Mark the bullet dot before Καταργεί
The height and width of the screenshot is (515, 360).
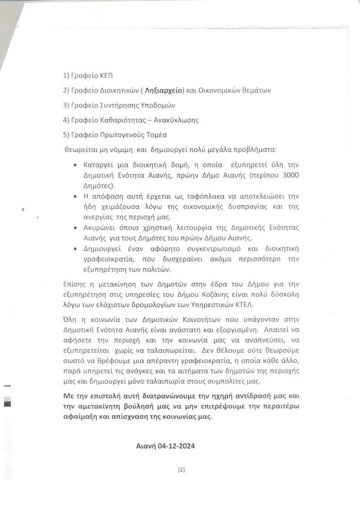pos(75,165)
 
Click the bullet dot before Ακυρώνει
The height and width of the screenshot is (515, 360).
pos(75,228)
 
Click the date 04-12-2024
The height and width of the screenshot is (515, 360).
pos(175,446)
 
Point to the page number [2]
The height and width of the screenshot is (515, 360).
pos(181,469)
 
